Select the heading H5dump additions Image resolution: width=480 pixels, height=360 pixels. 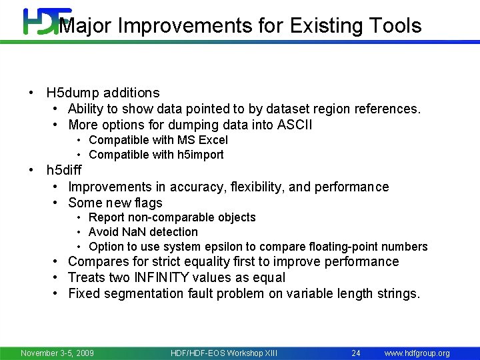coord(103,93)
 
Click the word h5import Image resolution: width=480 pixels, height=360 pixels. coord(200,155)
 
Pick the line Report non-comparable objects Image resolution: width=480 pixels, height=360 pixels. coord(172,217)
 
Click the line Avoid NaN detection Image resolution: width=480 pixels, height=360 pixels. coord(143,232)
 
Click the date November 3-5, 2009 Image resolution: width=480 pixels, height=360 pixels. coord(57,353)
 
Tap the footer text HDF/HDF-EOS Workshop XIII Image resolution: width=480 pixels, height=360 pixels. coord(223,353)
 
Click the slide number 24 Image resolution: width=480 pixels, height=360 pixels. coord(356,353)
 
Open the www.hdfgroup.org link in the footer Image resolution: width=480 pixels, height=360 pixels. coord(417,353)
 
